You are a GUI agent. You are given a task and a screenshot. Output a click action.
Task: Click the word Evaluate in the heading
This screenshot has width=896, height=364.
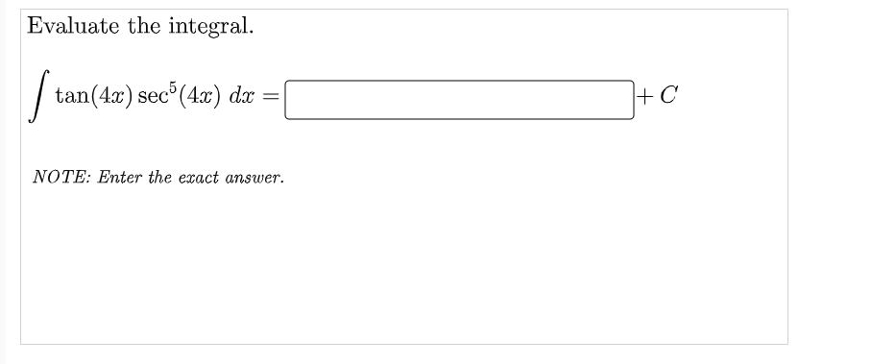[72, 26]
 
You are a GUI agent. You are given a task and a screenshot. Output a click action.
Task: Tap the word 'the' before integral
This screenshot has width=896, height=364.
[145, 26]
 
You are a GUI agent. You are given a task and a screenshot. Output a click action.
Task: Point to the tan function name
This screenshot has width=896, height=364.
[71, 96]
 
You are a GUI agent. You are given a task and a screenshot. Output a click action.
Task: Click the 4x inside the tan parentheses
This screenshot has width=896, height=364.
[104, 96]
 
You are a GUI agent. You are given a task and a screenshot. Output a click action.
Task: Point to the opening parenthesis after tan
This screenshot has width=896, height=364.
[89, 96]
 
